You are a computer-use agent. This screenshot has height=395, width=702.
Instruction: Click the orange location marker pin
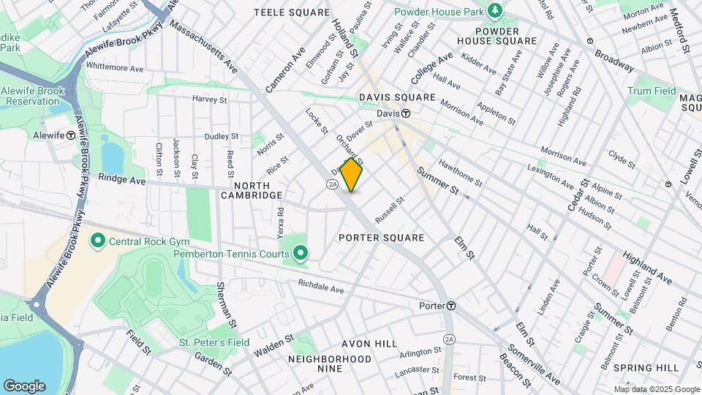click(352, 175)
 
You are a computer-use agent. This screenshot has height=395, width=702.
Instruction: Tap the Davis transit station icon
click(404, 113)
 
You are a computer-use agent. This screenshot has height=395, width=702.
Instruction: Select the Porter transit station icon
click(452, 305)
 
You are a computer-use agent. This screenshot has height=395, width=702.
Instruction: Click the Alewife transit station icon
click(71, 135)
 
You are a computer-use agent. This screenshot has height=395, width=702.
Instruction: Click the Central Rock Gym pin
click(97, 241)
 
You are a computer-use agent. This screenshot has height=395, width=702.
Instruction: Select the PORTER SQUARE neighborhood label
click(381, 238)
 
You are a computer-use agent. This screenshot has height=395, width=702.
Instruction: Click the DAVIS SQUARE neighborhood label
click(396, 97)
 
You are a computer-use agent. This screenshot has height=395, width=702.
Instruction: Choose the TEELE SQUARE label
click(282, 12)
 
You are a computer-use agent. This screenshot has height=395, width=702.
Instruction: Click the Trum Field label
click(652, 91)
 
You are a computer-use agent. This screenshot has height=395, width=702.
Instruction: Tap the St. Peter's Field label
click(214, 342)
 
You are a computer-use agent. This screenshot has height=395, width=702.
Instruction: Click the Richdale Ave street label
click(320, 290)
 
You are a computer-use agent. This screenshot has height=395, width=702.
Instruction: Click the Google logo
click(24, 385)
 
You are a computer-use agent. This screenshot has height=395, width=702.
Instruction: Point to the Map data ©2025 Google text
click(656, 389)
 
